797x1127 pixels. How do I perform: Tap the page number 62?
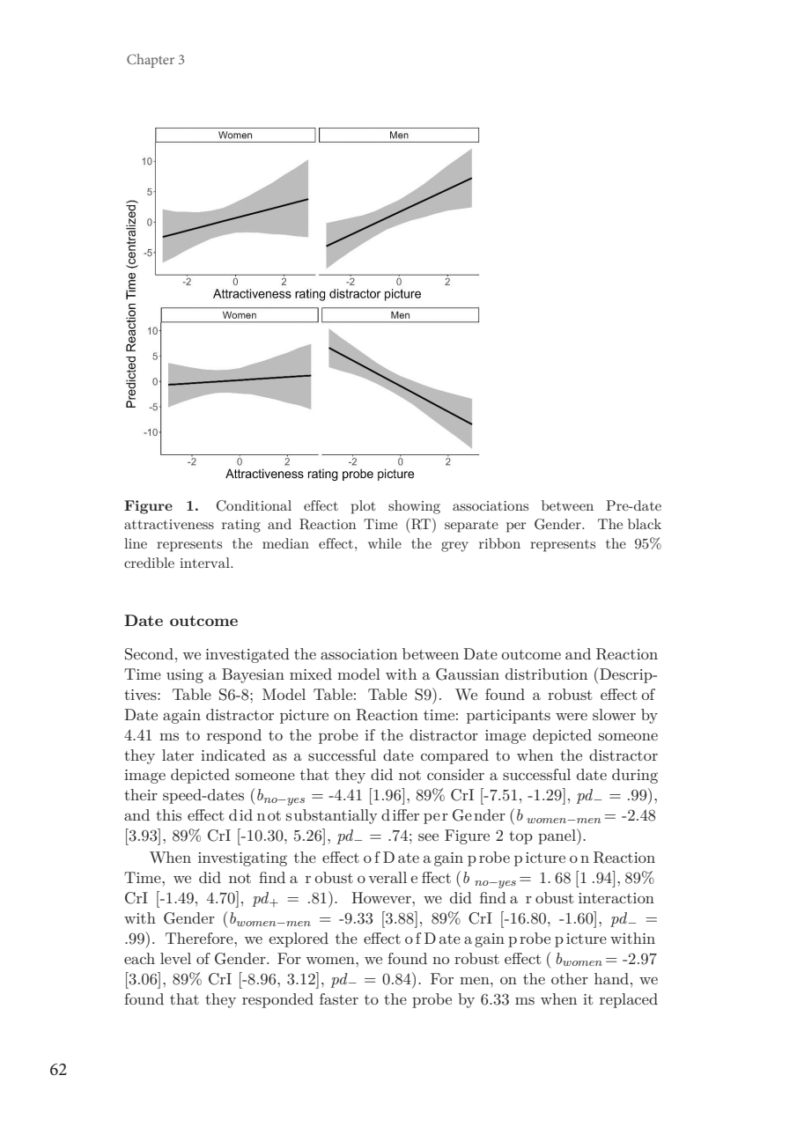59,1070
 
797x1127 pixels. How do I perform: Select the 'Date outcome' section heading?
181,621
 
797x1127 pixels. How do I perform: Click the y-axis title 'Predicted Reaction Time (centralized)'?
131,305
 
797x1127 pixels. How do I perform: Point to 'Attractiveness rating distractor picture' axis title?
317,293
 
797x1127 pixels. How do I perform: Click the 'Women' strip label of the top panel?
235,135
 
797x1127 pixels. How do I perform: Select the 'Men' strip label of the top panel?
399,135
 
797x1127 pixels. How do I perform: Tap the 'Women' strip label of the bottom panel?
239,315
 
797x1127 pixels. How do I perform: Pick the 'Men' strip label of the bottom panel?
401,315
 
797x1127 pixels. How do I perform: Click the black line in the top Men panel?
399,212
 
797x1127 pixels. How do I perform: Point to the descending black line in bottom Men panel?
401,387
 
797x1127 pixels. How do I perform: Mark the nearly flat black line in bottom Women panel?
239,380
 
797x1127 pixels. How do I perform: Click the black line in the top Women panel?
235,217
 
